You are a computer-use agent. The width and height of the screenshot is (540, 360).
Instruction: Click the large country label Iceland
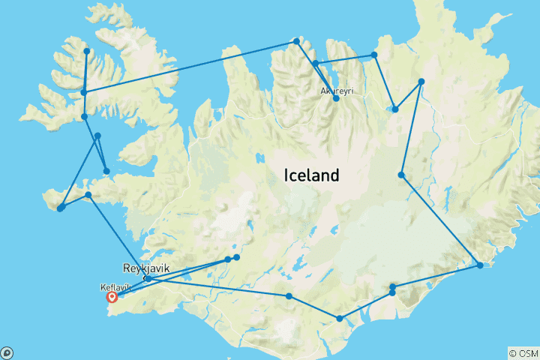[311, 175]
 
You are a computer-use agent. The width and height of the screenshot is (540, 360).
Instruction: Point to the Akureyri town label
[337, 90]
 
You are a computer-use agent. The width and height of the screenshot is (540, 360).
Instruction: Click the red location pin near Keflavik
[112, 296]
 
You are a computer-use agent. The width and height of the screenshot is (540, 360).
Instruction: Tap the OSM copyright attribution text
[523, 353]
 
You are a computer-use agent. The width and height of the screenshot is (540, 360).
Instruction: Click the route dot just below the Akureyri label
[336, 98]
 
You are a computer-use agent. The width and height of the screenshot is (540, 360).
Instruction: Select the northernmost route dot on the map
[296, 40]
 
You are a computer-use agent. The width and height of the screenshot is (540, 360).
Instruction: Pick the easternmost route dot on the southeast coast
[480, 265]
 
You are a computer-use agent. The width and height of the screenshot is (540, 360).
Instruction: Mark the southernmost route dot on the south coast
[340, 319]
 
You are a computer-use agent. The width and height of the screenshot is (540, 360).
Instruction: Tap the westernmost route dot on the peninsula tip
[60, 208]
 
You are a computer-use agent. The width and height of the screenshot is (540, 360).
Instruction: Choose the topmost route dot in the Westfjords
[87, 51]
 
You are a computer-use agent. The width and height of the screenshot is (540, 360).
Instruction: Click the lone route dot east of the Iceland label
[401, 175]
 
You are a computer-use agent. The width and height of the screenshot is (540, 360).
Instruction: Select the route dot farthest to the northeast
[421, 81]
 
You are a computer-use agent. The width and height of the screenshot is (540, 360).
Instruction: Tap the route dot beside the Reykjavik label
[148, 278]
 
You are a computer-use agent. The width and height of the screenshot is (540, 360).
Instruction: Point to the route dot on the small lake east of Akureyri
[395, 109]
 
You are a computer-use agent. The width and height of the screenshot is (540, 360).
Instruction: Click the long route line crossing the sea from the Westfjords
[187, 67]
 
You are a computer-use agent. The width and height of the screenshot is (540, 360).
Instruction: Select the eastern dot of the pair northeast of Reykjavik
[236, 257]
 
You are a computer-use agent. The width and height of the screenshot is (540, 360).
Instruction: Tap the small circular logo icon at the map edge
[7, 352]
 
